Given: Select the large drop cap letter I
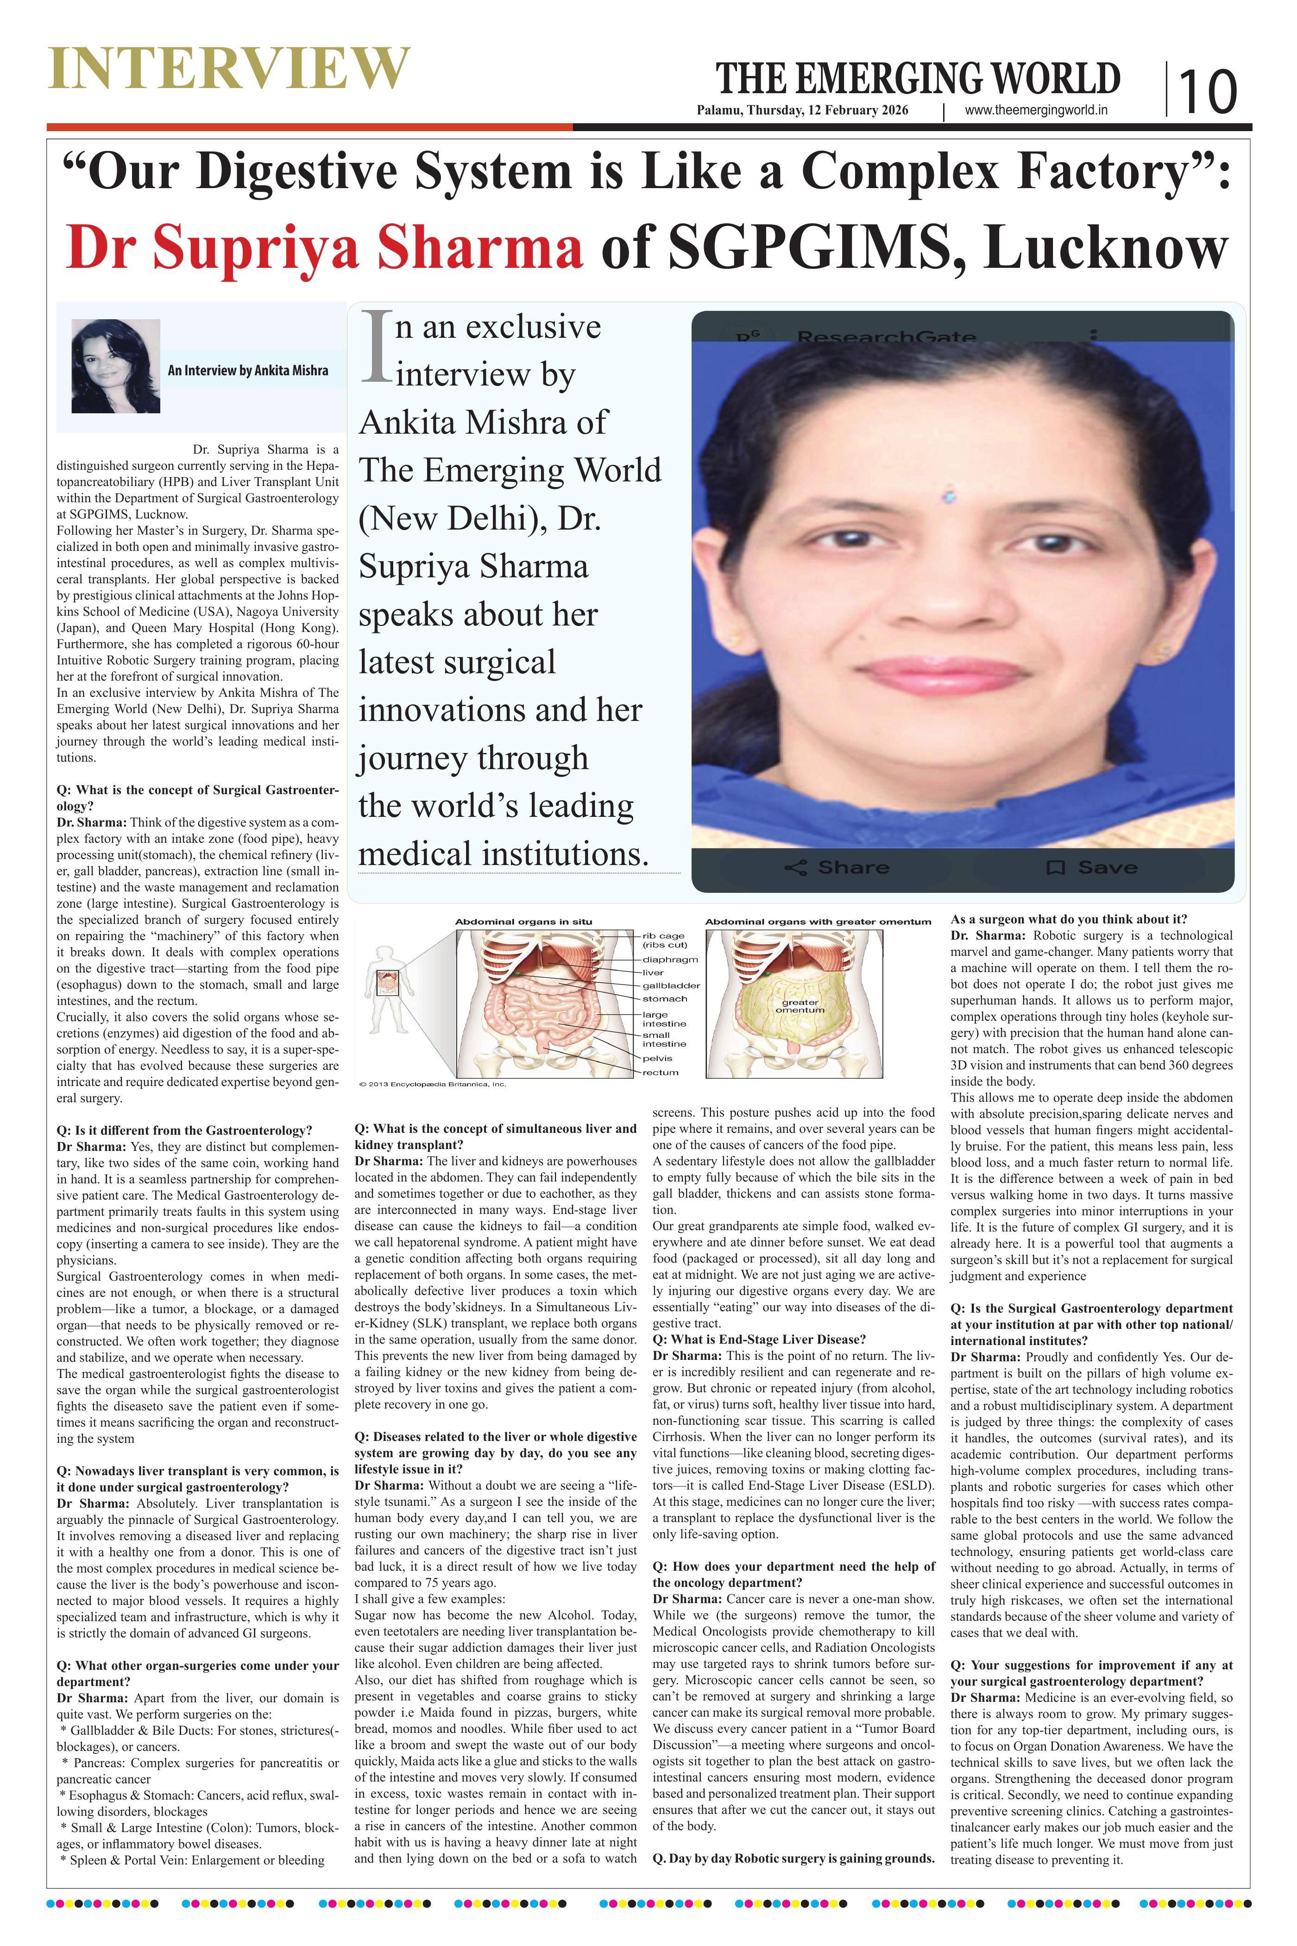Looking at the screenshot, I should [x=376, y=347].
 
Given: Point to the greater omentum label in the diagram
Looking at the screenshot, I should [x=800, y=1005].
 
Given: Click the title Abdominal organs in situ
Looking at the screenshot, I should [x=523, y=921].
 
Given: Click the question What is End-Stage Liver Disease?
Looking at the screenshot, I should [x=759, y=1339].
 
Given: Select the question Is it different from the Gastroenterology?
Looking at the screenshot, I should [x=184, y=1130].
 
